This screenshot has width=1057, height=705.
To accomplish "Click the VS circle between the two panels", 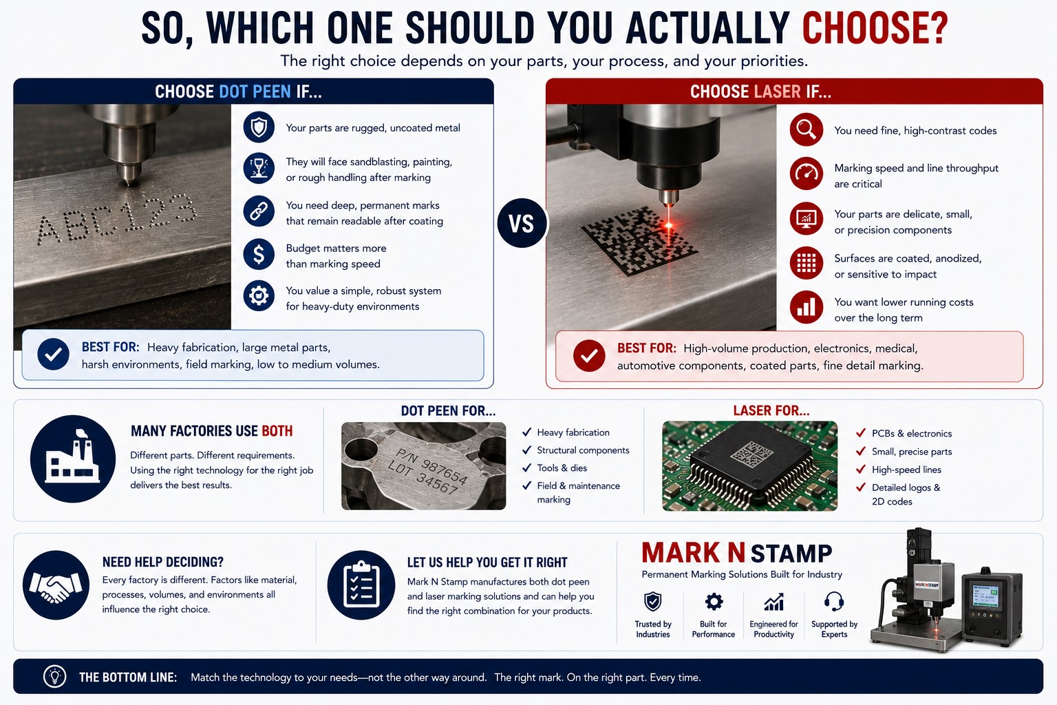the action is pyautogui.click(x=522, y=223).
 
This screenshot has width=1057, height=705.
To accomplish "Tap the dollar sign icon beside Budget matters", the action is pyautogui.click(x=259, y=255).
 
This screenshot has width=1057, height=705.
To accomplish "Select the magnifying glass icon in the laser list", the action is pyautogui.click(x=807, y=129).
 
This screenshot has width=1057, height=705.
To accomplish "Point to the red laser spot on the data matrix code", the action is pyautogui.click(x=669, y=225).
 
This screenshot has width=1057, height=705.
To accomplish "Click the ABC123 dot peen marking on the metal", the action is pyautogui.click(x=116, y=219).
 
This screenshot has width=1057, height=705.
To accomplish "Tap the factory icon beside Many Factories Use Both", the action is pyautogui.click(x=73, y=459).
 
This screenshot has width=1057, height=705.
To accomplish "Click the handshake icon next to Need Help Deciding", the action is pyautogui.click(x=56, y=585).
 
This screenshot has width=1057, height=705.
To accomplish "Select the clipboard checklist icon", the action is pyautogui.click(x=361, y=585).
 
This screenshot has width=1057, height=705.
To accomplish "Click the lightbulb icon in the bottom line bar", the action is pyautogui.click(x=55, y=676).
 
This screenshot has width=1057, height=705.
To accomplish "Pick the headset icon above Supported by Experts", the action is pyautogui.click(x=834, y=602).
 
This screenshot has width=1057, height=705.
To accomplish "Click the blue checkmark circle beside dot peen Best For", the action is pyautogui.click(x=53, y=354).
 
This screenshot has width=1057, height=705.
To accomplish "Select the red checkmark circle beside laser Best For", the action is pyautogui.click(x=589, y=355).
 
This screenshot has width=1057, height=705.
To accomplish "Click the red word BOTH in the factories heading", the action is pyautogui.click(x=277, y=431).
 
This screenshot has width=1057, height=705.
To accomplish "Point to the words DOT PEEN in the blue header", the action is pyautogui.click(x=255, y=92).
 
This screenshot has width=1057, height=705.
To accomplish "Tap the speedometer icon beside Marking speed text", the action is pyautogui.click(x=807, y=173).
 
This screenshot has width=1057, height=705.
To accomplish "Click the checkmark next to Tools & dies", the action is pyautogui.click(x=526, y=468).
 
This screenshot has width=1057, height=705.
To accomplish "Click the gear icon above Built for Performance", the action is pyautogui.click(x=714, y=602).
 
